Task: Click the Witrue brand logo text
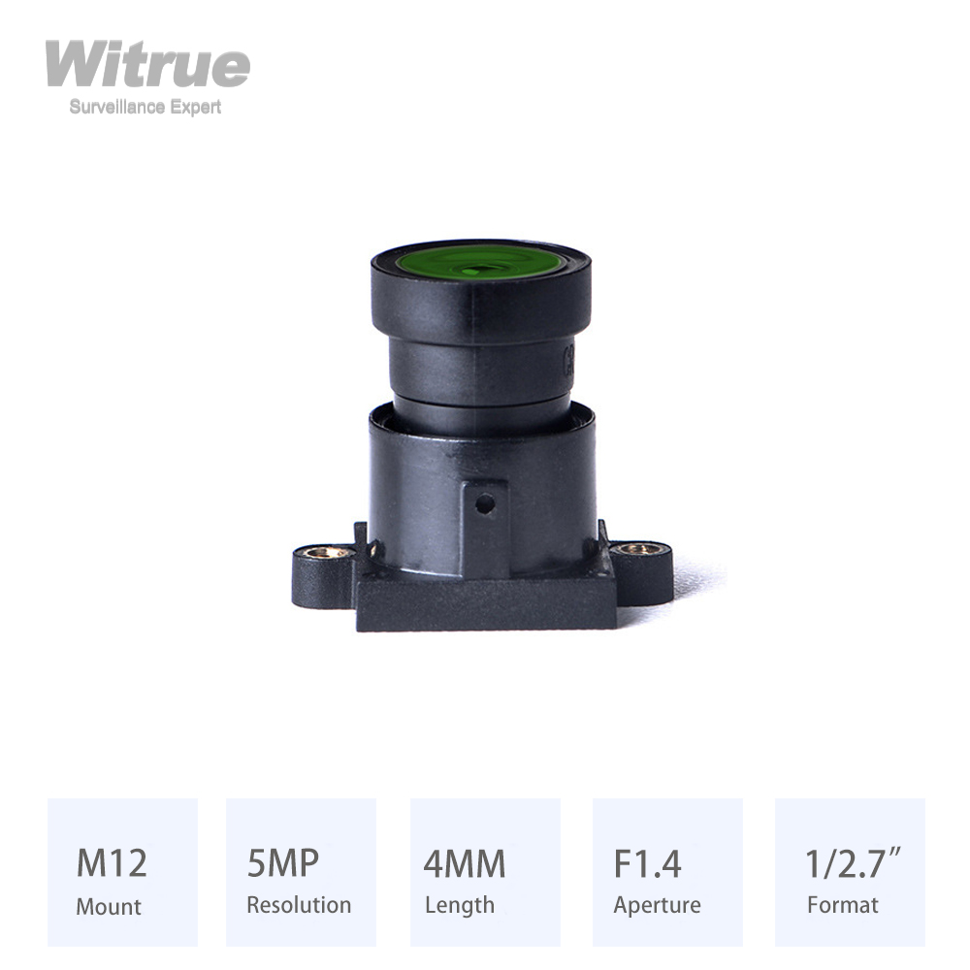[x=147, y=65]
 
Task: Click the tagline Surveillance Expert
[x=145, y=107]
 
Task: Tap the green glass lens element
[x=479, y=262]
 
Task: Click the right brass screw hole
[x=638, y=549]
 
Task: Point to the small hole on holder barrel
[x=485, y=504]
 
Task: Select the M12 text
[x=112, y=862]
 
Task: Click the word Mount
[x=109, y=906]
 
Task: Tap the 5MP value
[x=283, y=862]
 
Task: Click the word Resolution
[x=299, y=905]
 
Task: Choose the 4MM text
[x=465, y=862]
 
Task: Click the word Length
[x=460, y=905]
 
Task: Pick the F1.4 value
[x=648, y=862]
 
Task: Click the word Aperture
[x=657, y=906]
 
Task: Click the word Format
[x=842, y=905]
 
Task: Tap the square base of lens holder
[x=485, y=606]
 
